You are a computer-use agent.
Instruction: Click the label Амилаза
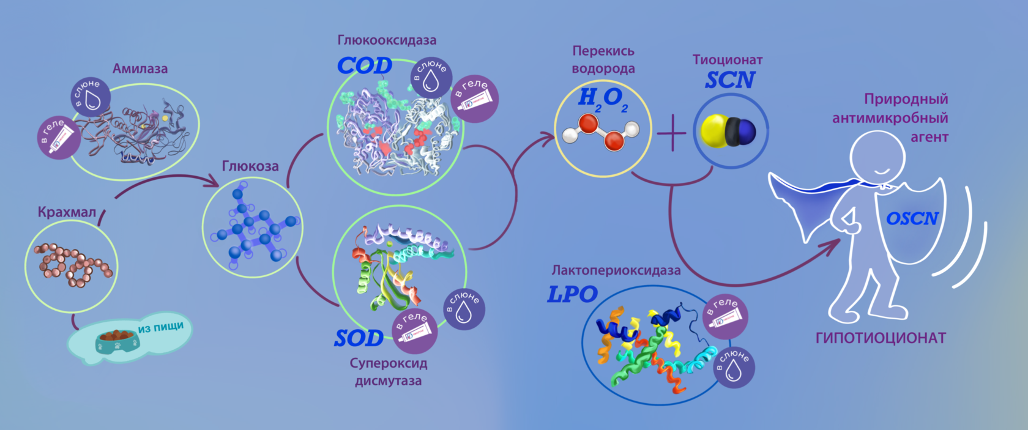pyautogui.click(x=140, y=69)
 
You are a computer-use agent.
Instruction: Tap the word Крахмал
pyautogui.click(x=67, y=212)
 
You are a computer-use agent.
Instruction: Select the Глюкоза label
pyautogui.click(x=250, y=166)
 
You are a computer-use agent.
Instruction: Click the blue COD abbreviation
pyautogui.click(x=365, y=65)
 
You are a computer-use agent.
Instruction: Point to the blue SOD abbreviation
pyautogui.click(x=359, y=338)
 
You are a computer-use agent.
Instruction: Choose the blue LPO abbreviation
pyautogui.click(x=572, y=294)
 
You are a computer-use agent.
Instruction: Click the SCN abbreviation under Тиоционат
pyautogui.click(x=730, y=80)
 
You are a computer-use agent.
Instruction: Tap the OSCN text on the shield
pyautogui.click(x=912, y=218)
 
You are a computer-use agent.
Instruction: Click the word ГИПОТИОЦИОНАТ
pyautogui.click(x=881, y=338)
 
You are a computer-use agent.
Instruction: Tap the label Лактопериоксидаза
pyautogui.click(x=616, y=270)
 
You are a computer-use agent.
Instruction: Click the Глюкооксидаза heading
pyautogui.click(x=387, y=40)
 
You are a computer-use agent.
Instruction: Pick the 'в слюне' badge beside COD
pyautogui.click(x=431, y=76)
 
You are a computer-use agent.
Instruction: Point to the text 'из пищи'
pyautogui.click(x=160, y=327)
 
